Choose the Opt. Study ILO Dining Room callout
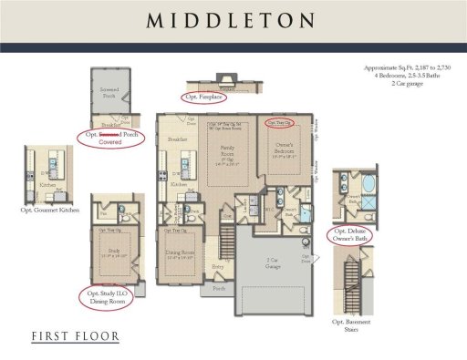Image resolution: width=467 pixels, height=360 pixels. pyautogui.click(x=109, y=298)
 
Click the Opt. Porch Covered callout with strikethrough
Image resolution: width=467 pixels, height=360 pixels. pyautogui.click(x=110, y=139)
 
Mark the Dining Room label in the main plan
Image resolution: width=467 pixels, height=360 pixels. pyautogui.click(x=179, y=252)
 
